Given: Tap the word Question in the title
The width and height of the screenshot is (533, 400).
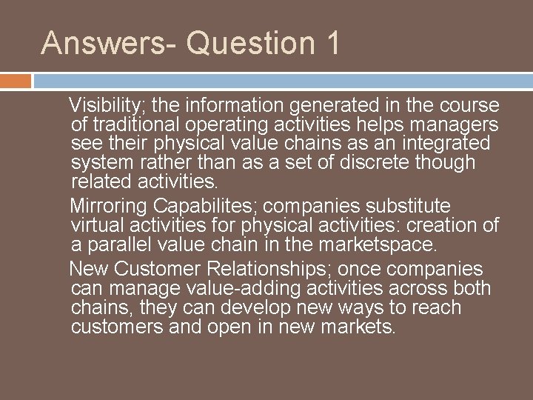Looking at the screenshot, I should (x=244, y=42).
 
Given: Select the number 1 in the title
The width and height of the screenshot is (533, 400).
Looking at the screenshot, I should (x=329, y=42).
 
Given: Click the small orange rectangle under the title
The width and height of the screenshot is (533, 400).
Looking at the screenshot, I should (x=16, y=80).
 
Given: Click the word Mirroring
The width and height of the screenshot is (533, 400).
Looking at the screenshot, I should (x=104, y=204).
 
